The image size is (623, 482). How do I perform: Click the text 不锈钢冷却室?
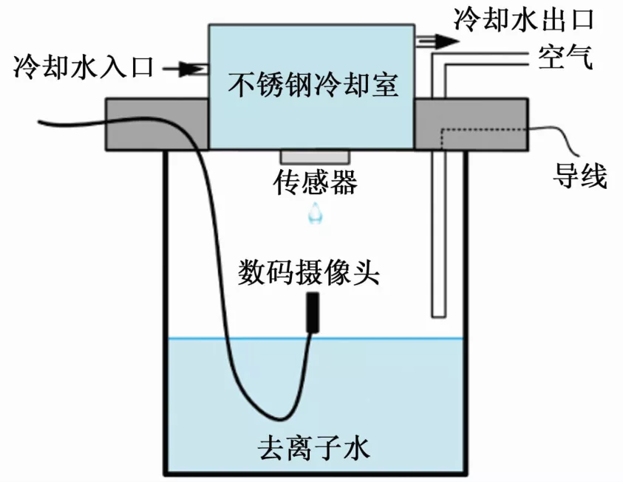(x=313, y=86)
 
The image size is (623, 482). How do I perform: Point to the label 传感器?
(x=316, y=180)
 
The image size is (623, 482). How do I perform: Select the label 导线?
(x=580, y=176)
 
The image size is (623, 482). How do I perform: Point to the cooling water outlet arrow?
(x=436, y=41)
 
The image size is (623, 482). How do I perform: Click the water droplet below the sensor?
(x=316, y=212)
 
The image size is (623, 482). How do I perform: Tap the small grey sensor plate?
(x=314, y=157)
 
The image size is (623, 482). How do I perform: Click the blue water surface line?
(x=384, y=340)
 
